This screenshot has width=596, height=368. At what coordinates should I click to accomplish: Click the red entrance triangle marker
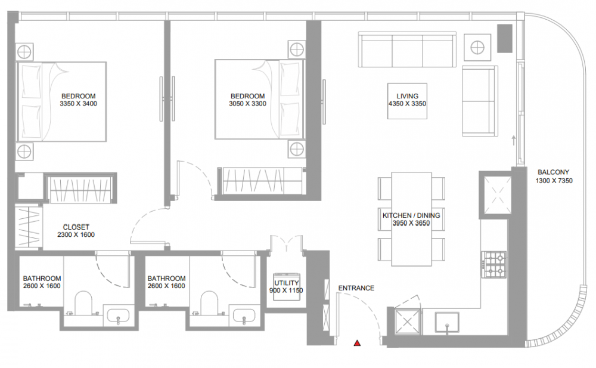click(357, 344)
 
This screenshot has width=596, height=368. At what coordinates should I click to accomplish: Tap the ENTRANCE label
click(356, 288)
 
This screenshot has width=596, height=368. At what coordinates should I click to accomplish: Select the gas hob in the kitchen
click(494, 264)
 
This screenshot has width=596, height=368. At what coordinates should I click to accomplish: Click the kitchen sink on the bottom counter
click(447, 323)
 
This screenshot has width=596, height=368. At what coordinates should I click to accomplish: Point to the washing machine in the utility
click(287, 286)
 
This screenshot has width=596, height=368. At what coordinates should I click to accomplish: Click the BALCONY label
click(554, 172)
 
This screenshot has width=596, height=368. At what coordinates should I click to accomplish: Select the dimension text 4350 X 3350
click(407, 104)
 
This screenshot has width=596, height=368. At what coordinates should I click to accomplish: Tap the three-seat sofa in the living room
click(407, 50)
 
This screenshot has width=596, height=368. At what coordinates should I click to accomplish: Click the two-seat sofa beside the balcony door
click(480, 101)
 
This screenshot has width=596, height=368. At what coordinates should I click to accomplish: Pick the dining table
click(411, 219)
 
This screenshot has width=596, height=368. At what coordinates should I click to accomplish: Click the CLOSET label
click(76, 227)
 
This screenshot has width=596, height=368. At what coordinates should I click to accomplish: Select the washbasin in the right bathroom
click(244, 316)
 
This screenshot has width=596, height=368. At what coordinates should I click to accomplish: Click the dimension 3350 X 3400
click(78, 104)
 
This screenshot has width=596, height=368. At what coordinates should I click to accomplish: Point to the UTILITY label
click(287, 283)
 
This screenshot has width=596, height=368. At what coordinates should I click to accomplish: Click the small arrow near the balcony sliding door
click(514, 140)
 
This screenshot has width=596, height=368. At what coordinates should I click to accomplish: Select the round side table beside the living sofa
click(477, 48)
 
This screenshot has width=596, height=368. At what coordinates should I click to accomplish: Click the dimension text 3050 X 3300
click(247, 104)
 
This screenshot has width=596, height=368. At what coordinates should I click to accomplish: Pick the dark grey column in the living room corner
click(505, 38)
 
